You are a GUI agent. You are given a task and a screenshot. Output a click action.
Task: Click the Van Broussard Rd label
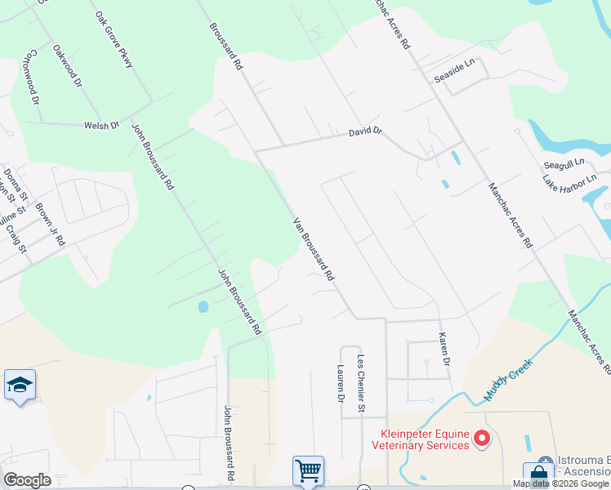click(314, 249)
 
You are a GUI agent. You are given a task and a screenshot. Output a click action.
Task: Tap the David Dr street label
click(365, 131)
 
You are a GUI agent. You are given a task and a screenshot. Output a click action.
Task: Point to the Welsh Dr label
click(102, 125)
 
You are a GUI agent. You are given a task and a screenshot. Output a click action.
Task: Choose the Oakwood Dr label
click(68, 65)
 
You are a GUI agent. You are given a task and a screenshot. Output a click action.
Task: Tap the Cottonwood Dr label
click(33, 78)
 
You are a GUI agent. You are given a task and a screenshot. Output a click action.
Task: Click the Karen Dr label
click(444, 349)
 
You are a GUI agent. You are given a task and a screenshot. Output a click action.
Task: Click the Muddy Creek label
click(507, 380)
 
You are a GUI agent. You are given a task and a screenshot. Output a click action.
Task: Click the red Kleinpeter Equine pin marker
click(482, 439)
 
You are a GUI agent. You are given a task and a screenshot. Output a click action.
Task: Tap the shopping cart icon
click(308, 470)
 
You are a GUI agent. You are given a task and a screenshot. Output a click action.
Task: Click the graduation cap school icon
click(20, 384)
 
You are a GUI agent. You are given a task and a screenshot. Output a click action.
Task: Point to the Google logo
click(27, 480)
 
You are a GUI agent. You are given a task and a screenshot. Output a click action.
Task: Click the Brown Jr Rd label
click(50, 223)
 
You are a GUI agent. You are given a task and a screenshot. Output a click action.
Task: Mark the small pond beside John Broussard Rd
click(203, 307)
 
